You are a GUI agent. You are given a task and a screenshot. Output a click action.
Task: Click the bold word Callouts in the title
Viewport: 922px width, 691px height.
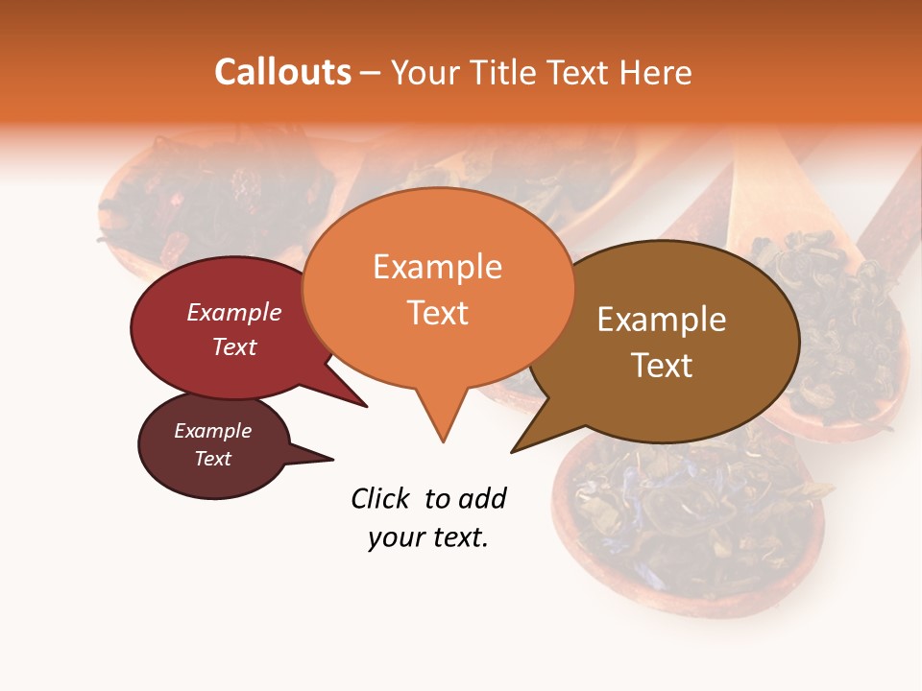tap(282, 72)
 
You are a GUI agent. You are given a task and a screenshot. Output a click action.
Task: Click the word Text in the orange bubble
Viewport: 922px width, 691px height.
tap(437, 312)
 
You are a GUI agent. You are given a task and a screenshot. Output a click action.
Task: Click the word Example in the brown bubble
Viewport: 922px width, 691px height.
tap(662, 320)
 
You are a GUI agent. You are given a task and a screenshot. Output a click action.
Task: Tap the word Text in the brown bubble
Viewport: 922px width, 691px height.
tap(662, 366)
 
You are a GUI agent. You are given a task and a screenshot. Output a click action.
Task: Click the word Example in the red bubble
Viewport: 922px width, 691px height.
tap(234, 312)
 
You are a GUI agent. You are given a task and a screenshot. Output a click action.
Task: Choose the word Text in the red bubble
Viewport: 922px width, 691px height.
tap(234, 346)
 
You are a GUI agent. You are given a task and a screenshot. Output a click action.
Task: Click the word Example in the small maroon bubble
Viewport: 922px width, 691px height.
tap(212, 431)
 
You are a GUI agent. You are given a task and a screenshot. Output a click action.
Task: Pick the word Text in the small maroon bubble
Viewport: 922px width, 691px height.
tap(212, 459)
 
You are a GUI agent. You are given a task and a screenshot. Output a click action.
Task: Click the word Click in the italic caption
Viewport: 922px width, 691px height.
tap(380, 498)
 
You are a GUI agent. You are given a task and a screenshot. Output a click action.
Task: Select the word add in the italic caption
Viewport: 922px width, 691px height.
tap(482, 498)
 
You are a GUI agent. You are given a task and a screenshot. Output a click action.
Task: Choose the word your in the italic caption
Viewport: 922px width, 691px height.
tap(395, 537)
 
